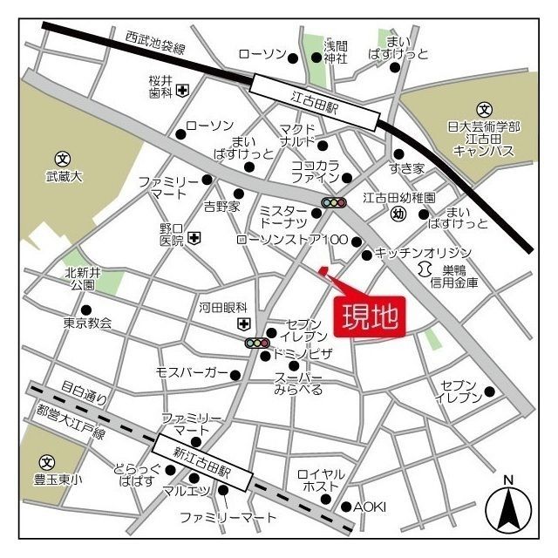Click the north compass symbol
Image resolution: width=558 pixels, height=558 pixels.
point(508,507)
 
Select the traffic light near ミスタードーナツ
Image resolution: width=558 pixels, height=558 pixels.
point(334,203)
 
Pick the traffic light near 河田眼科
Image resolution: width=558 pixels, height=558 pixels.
point(256,344)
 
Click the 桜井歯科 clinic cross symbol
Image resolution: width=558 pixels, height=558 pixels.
point(182,89)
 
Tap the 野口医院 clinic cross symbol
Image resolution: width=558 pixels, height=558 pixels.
point(194,236)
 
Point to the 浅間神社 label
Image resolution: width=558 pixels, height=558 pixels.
point(336,51)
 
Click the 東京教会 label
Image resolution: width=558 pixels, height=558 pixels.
point(87,323)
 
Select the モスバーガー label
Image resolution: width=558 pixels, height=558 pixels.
point(191,373)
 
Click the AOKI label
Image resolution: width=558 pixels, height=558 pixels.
point(370,507)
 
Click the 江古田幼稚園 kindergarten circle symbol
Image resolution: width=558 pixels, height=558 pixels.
point(398,214)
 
